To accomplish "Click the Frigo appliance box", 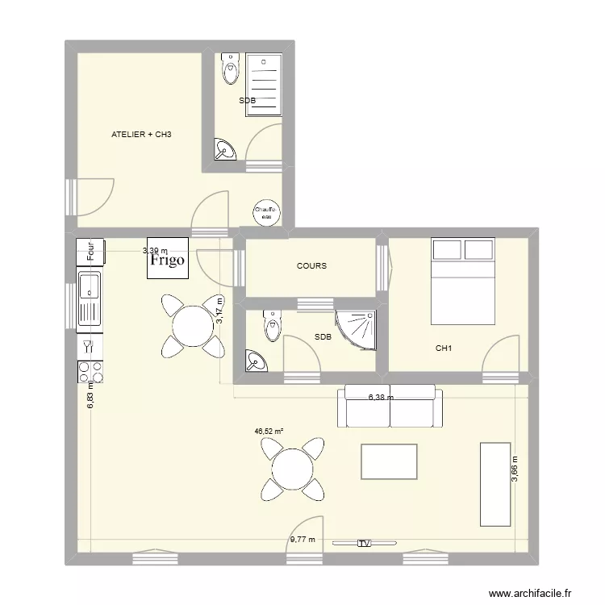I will pyautogui.click(x=168, y=257).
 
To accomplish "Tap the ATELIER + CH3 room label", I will pyautogui.click(x=142, y=135).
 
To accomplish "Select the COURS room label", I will pyautogui.click(x=311, y=265).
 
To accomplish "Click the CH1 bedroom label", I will pyautogui.click(x=443, y=348).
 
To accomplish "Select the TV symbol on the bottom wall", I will pyautogui.click(x=364, y=544).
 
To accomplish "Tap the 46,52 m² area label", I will pyautogui.click(x=269, y=432).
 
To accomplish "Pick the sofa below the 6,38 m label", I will pyautogui.click(x=391, y=407).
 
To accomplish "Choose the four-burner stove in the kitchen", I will pyautogui.click(x=90, y=372).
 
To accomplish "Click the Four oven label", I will pyautogui.click(x=90, y=252).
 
